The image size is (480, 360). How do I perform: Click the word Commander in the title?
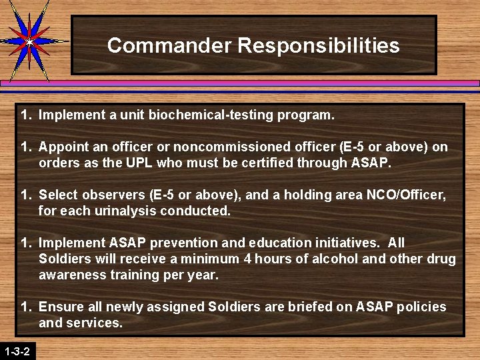coord(169,45)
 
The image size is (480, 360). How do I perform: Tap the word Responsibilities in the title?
coord(318,45)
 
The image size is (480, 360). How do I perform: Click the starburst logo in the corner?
coord(29,41)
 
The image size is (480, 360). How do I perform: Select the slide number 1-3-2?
coord(17,351)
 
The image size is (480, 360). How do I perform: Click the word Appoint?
coord(61,147)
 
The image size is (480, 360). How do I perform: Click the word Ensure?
coord(59,307)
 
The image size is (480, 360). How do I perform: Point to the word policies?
coord(422,307)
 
